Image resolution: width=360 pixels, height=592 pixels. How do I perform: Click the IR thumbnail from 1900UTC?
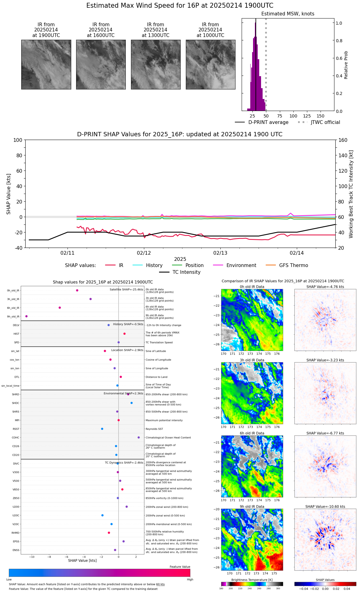pyautogui.click(x=46, y=64)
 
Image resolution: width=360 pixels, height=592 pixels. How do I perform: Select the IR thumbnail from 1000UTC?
pyautogui.click(x=211, y=64)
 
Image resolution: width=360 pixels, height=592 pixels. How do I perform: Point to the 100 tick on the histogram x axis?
pyautogui.click(x=293, y=116)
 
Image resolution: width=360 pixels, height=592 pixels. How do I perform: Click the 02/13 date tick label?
pyautogui.click(x=220, y=253)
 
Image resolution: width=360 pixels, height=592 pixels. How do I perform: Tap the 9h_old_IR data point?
pyautogui.click(x=27, y=316)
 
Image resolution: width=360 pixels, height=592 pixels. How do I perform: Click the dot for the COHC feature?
pyautogui.click(x=139, y=438)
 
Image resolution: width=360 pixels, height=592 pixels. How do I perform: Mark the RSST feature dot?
pyautogui.click(x=102, y=429)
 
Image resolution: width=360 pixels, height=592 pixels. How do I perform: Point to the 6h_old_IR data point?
pyautogui.click(x=60, y=308)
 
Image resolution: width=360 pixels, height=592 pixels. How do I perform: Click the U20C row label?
pyautogui.click(x=16, y=516)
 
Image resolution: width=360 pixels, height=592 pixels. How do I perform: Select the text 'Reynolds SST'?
pyautogui.click(x=154, y=429)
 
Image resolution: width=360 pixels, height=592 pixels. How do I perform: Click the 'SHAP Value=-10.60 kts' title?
pyautogui.click(x=325, y=507)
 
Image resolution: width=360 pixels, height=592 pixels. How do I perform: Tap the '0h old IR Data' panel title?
pyautogui.click(x=252, y=287)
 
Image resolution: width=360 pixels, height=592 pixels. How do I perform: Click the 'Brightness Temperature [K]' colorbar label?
pyautogui.click(x=252, y=580)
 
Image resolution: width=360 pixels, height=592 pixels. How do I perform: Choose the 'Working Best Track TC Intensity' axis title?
pyautogui.click(x=351, y=194)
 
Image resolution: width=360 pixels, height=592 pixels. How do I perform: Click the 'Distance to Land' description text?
pyautogui.click(x=157, y=377)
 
